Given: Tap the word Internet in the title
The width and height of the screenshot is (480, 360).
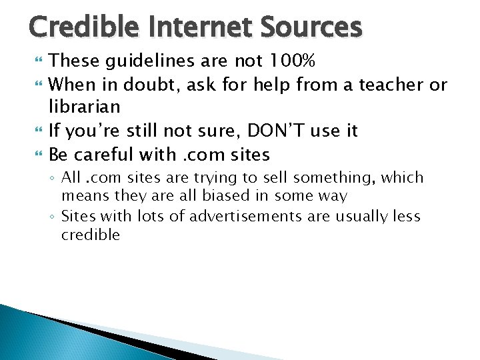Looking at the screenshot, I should click(195, 27).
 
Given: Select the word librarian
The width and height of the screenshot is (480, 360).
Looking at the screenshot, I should click(84, 107).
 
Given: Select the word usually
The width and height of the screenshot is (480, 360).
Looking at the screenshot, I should click(361, 217).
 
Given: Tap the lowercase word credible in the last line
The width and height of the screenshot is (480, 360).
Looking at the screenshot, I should click(91, 235).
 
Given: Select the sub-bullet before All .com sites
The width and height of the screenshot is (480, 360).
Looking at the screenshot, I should click(53, 179).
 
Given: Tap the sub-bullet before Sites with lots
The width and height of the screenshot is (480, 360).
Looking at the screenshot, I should click(53, 217).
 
